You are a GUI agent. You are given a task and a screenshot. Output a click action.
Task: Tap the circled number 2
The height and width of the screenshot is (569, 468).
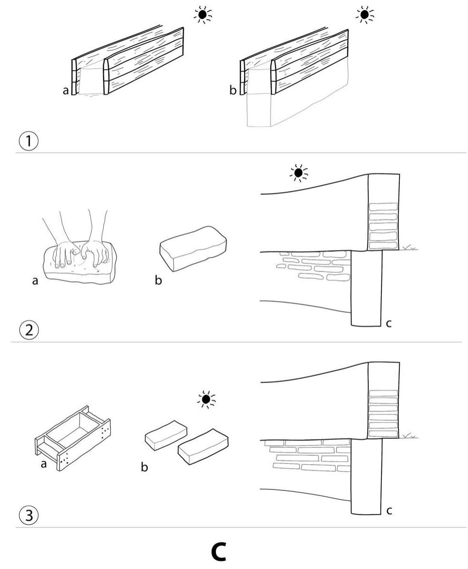click(29, 329)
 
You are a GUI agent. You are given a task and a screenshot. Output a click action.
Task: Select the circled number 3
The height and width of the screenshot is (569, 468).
click(29, 515)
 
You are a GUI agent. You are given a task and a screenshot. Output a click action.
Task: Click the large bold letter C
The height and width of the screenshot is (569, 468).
click(218, 551)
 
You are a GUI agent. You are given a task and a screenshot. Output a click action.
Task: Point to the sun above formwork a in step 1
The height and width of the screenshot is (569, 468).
click(203, 15)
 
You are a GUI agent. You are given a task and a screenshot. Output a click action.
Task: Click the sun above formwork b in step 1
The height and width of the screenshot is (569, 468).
click(364, 15)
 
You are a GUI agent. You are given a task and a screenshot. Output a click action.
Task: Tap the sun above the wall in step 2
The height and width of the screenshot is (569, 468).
click(298, 174)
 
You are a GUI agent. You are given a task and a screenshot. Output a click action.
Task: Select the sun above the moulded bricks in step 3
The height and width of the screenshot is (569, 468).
click(206, 400)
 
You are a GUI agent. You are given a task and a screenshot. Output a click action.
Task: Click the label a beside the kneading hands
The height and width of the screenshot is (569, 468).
click(35, 281)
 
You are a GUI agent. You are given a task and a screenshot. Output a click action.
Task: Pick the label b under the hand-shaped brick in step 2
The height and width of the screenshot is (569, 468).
click(159, 281)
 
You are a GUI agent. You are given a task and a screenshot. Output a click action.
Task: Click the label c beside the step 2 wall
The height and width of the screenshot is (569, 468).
click(389, 324)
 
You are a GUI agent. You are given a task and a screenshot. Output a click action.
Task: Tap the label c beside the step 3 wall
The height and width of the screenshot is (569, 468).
click(389, 511)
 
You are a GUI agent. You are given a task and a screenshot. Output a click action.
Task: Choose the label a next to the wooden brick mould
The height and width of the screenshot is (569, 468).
click(44, 464)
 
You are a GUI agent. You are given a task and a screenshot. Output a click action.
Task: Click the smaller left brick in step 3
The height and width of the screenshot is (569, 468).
click(165, 434)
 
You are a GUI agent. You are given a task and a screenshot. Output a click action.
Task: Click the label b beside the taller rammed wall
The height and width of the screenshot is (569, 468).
click(233, 90)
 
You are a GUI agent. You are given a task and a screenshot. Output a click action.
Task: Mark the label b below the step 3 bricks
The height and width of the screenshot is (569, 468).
click(144, 468)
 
